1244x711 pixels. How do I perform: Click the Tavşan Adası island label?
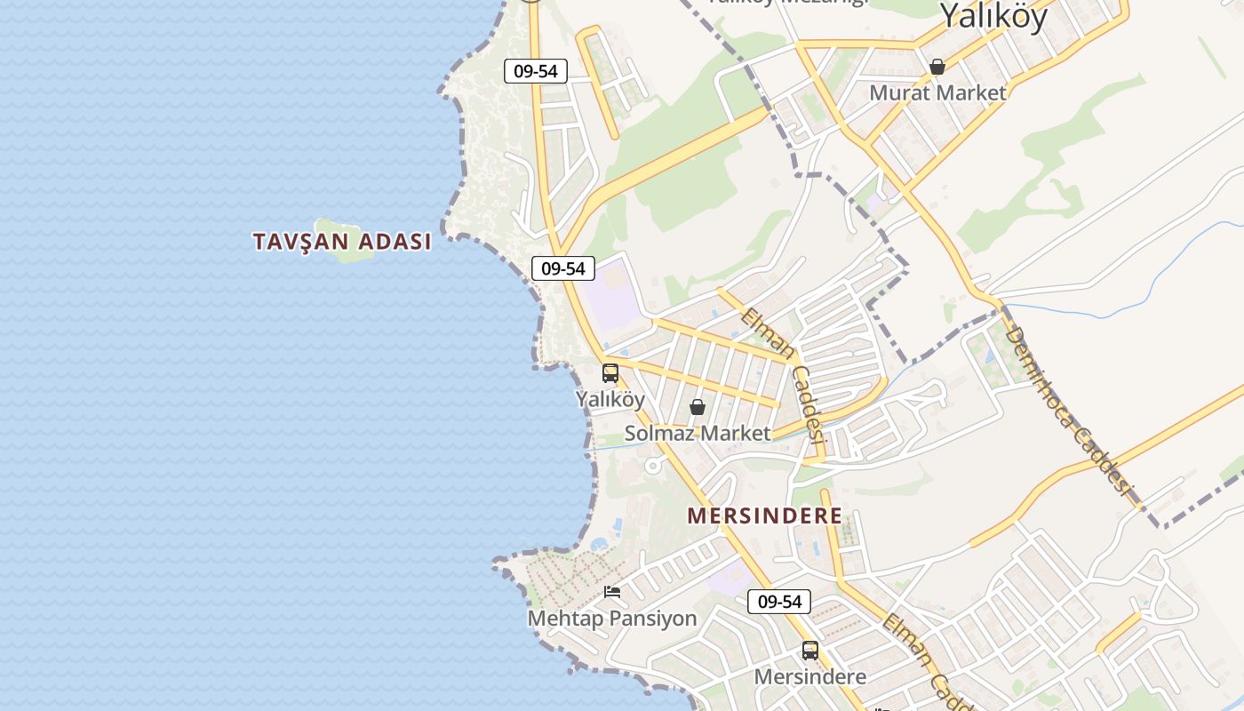(342, 241)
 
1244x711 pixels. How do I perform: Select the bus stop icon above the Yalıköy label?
(610, 373)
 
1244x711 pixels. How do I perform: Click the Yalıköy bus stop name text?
(610, 399)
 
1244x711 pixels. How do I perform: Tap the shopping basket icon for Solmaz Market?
(698, 407)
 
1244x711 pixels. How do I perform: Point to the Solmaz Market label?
(698, 433)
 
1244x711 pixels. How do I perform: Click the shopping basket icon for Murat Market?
(937, 67)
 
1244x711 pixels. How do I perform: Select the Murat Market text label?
(937, 92)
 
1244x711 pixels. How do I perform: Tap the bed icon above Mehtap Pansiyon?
(611, 592)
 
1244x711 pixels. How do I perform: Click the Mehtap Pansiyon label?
(612, 618)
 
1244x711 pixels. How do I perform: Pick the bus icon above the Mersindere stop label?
(809, 651)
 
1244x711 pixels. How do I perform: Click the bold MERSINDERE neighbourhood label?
(764, 515)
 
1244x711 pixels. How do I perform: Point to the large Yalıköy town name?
(993, 15)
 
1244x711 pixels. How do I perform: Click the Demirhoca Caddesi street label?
(1070, 410)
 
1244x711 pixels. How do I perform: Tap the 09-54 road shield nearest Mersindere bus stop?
(778, 602)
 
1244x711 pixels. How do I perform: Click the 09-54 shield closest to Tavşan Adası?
(562, 268)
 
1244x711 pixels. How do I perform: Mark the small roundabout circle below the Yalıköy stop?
(653, 465)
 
